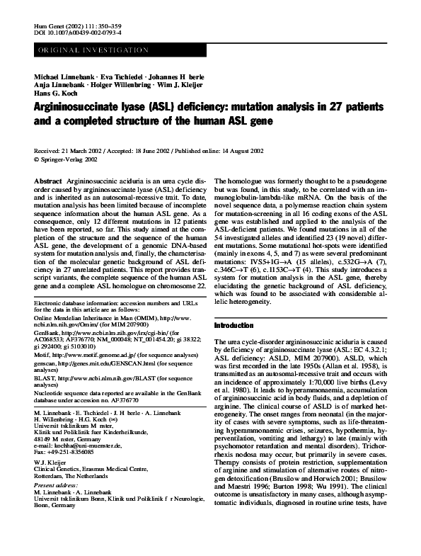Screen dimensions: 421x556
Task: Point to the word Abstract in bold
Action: [47, 182]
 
